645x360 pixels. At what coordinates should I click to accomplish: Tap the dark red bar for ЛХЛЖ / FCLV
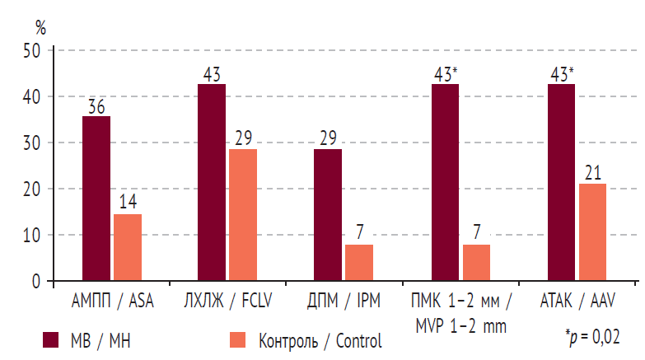click(x=212, y=182)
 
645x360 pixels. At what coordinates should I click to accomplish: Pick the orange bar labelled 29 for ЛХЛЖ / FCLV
click(x=243, y=215)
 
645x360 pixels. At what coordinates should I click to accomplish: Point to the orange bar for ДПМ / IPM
click(x=359, y=263)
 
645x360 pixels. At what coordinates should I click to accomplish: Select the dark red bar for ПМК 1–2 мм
click(x=445, y=182)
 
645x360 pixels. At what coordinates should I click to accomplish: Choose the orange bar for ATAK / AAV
click(x=592, y=232)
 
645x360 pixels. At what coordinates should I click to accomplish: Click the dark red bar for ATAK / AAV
click(x=561, y=182)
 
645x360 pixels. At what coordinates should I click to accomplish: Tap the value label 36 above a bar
click(x=96, y=106)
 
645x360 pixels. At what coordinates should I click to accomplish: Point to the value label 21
click(x=592, y=173)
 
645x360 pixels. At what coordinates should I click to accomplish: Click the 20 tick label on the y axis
click(x=30, y=189)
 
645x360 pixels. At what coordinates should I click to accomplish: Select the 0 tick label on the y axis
click(x=35, y=281)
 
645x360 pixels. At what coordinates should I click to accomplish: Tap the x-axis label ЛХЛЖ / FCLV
click(x=227, y=301)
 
